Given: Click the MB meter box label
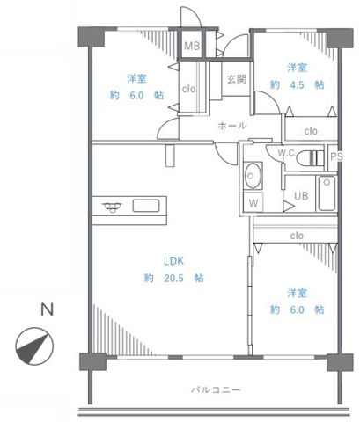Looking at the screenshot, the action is pos(192,46).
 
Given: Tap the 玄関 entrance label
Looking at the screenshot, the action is pos(237,79).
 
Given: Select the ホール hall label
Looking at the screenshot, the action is pos(232,126).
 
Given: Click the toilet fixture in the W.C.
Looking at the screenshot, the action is pos(310,158).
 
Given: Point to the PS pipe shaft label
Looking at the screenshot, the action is pos(336,156).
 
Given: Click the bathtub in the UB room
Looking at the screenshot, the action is pos(327,193).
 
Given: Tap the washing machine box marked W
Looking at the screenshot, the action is pos(253,202).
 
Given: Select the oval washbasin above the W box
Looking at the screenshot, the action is pos(253,176).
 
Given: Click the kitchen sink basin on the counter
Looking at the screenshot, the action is pos(146,206).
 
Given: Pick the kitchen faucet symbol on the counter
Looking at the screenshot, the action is pos(113,207).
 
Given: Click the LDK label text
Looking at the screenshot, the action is pos(173,261).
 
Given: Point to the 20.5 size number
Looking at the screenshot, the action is pos(173,278).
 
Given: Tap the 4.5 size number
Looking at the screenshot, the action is pos(297,84).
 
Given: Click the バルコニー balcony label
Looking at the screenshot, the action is pos(216,389).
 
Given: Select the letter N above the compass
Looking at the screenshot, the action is pos(47,309).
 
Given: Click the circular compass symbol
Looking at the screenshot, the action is pos(34,346).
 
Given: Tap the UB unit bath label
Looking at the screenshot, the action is pos(301,196).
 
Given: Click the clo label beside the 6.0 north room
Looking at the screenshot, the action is pos(188,89).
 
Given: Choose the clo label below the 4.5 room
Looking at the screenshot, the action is pos(311,131).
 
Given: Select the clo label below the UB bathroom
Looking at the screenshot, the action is pos(297,236).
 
